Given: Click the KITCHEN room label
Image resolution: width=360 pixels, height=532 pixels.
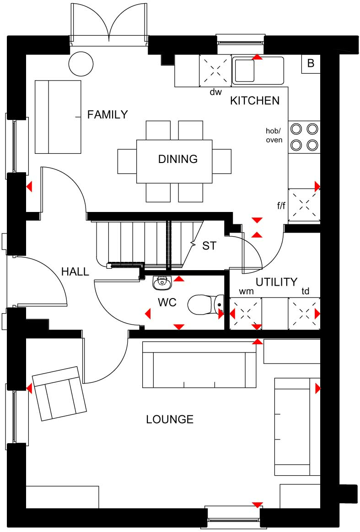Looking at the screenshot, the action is pyautogui.click(x=255, y=100).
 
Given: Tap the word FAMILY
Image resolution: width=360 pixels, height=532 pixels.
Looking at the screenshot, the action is pyautogui.click(x=107, y=114).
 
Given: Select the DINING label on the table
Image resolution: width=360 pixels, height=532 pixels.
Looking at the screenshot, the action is pyautogui.click(x=178, y=159).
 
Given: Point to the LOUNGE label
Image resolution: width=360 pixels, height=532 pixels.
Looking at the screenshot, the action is pyautogui.click(x=170, y=419).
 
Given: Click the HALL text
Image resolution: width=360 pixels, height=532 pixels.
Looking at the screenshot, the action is pyautogui.click(x=75, y=271).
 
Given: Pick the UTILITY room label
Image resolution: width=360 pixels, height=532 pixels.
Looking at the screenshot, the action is pyautogui.click(x=277, y=282).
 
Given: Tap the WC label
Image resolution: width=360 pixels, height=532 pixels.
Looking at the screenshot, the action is pyautogui.click(x=167, y=302).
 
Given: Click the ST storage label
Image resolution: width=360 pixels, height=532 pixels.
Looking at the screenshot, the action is pyautogui.click(x=209, y=246).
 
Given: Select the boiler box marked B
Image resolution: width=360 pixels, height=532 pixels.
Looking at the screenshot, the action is pyautogui.click(x=311, y=64).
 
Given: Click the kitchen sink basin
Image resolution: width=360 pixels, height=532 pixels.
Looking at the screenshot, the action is pyautogui.click(x=244, y=71).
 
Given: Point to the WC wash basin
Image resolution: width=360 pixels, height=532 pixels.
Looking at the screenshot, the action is pyautogui.click(x=162, y=282).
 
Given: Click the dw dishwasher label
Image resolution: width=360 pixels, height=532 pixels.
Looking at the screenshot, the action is pyautogui.click(x=215, y=92).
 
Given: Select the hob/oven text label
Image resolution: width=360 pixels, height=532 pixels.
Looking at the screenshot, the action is pyautogui.click(x=274, y=136).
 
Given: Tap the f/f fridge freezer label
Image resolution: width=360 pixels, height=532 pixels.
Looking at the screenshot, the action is pyautogui.click(x=281, y=205).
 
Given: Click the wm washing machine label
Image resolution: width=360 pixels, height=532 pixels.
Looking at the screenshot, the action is pyautogui.click(x=247, y=292).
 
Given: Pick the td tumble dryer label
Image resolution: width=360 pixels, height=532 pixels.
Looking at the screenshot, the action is pyautogui.click(x=306, y=291).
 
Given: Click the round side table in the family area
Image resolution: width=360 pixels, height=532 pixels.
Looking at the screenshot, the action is pyautogui.click(x=81, y=64).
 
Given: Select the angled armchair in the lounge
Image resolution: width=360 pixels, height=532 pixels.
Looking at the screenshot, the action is pyautogui.click(x=59, y=394).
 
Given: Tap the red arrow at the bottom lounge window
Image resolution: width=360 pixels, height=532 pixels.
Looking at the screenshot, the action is pyautogui.click(x=258, y=505).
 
